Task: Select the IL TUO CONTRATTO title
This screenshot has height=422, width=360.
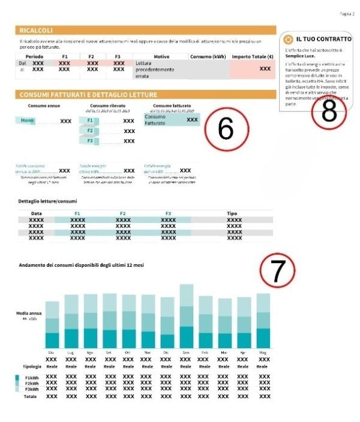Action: (x=324, y=38)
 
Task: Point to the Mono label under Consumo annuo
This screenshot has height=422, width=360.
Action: (x=28, y=120)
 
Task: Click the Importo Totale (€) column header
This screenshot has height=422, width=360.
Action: (x=252, y=56)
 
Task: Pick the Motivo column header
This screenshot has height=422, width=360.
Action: (x=161, y=56)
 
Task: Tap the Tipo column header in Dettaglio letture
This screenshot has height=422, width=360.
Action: (x=232, y=213)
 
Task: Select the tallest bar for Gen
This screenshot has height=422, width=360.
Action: (x=186, y=316)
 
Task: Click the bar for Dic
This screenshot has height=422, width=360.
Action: (x=167, y=324)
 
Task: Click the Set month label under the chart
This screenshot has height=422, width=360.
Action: (x=109, y=352)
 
